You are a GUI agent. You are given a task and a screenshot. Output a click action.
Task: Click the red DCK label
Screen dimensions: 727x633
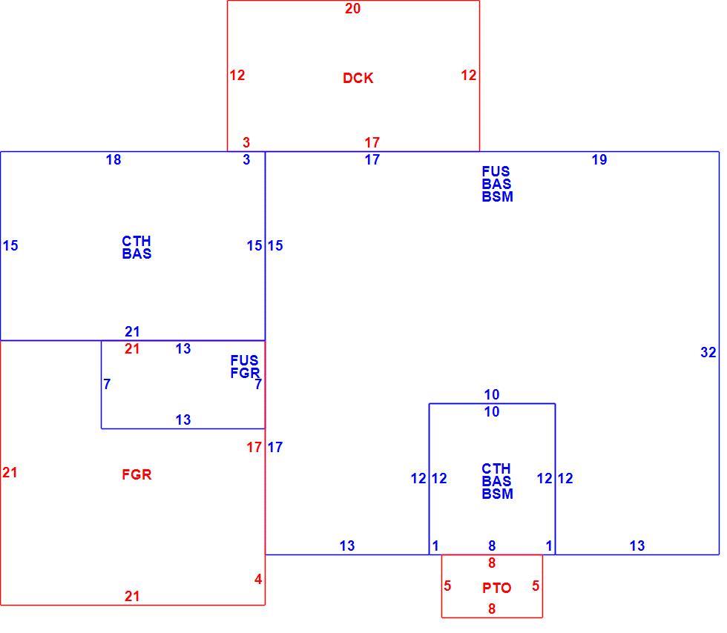click(x=358, y=78)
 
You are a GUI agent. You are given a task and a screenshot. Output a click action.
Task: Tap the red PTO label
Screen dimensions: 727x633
click(x=496, y=588)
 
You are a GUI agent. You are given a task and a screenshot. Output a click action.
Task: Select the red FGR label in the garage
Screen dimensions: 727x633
click(x=136, y=474)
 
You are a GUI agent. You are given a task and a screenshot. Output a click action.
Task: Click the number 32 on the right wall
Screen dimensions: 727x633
click(x=708, y=353)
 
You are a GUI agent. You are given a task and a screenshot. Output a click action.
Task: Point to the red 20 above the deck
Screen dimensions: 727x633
click(x=352, y=8)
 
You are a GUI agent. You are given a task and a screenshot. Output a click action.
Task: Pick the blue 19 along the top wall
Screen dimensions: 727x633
click(x=599, y=160)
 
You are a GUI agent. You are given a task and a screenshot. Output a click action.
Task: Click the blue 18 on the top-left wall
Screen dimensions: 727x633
click(x=114, y=160)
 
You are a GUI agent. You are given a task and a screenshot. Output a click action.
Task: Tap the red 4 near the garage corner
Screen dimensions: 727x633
click(x=258, y=579)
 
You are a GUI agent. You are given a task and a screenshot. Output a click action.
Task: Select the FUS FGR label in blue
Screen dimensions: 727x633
click(x=246, y=367)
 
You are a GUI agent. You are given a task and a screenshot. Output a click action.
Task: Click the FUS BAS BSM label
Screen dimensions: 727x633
click(x=497, y=184)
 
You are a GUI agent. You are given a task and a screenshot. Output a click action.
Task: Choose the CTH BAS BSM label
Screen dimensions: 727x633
click(x=497, y=481)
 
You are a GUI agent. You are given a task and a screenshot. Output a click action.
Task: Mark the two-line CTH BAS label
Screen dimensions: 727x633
click(x=136, y=248)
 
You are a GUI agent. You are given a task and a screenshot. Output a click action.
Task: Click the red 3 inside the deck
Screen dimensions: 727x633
click(x=246, y=142)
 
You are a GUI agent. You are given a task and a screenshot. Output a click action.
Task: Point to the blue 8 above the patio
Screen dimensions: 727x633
click(x=491, y=546)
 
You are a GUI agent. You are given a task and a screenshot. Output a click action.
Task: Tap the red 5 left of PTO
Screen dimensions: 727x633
click(x=447, y=586)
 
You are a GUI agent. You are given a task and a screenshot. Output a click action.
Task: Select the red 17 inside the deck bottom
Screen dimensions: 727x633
click(x=372, y=142)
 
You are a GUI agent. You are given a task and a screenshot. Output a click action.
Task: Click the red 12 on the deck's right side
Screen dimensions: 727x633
click(x=468, y=75)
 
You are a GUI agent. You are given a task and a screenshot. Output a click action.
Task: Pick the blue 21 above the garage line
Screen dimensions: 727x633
click(x=132, y=332)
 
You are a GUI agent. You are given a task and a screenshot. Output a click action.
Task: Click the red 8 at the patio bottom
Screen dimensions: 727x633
click(x=491, y=609)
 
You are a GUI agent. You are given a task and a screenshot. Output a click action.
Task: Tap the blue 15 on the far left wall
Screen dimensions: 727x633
click(x=10, y=245)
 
